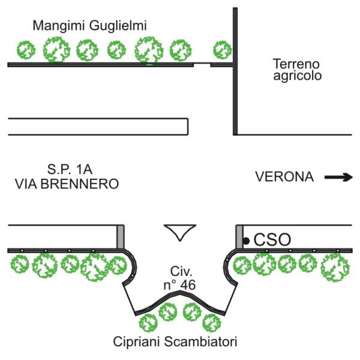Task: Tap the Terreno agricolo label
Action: pos(296,70)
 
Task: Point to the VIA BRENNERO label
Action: pos(66,184)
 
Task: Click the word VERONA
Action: pos(284,177)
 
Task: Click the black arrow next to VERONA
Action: pos(339,177)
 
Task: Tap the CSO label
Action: pos(272,240)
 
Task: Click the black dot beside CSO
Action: pos(246,241)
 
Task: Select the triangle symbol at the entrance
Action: pos(180,232)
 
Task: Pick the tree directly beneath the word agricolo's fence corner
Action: pos(222,49)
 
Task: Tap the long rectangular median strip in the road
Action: pos(98,127)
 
